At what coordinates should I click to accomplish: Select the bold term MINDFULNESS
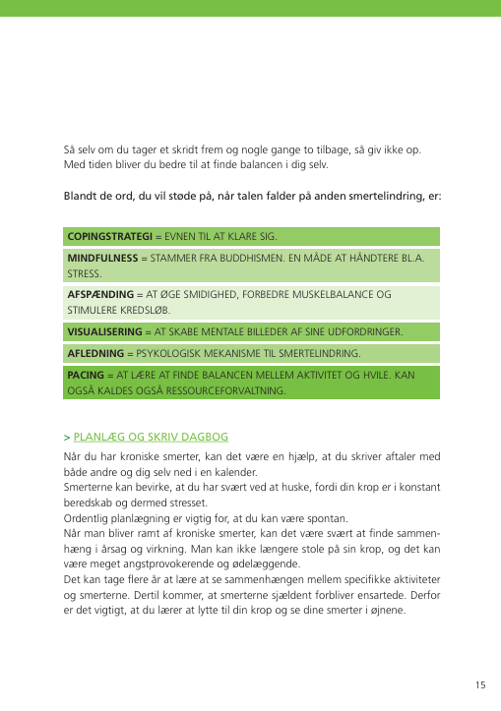101,258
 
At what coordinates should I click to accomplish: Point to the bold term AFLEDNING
94,352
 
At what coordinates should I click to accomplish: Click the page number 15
479,684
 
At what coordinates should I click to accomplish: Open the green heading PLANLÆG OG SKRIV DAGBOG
151,437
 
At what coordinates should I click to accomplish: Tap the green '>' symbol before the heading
66,437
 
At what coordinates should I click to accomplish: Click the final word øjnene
403,612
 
